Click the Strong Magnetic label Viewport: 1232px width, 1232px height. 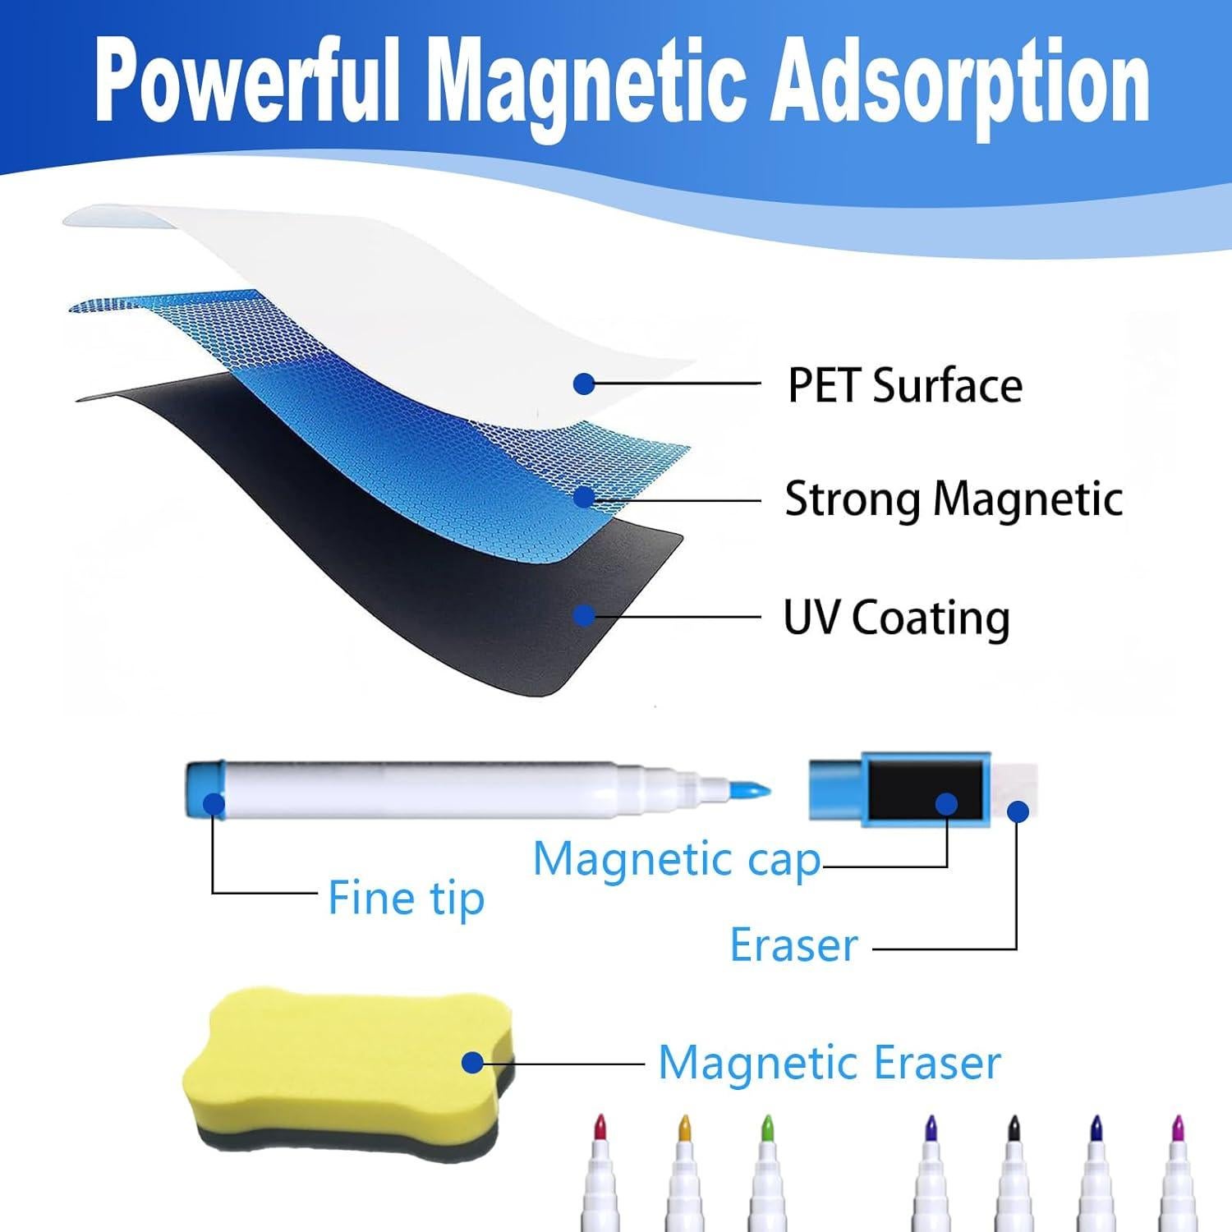point(954,499)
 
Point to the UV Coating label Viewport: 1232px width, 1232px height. point(896,618)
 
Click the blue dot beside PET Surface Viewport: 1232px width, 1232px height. point(584,383)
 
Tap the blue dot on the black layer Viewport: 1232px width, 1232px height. point(584,615)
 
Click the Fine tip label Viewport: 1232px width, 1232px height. point(406,898)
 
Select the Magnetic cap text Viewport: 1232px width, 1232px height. point(677,860)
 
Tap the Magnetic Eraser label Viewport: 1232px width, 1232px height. point(830,1062)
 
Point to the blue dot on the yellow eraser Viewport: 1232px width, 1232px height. point(472,1062)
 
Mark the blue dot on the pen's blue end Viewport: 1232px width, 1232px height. point(214,802)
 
